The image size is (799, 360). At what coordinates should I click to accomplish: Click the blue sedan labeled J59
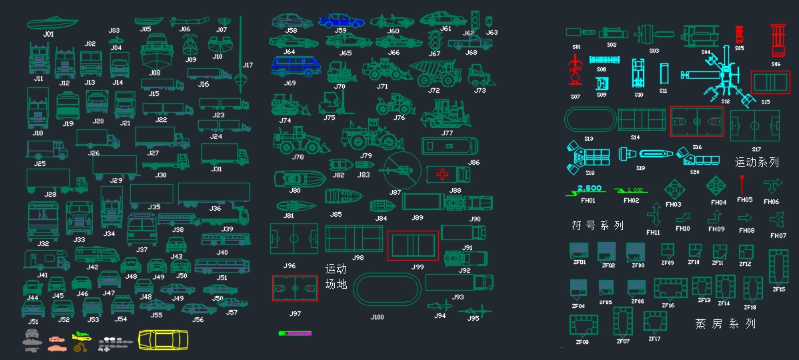click(x=341, y=21)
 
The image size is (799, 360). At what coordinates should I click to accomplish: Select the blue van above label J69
click(x=293, y=66)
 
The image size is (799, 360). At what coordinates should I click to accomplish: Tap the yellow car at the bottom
click(x=163, y=340)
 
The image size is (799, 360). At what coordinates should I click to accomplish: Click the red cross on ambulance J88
click(x=442, y=175)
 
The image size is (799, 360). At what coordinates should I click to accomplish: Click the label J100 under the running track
click(x=377, y=317)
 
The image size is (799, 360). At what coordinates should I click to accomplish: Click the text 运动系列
click(x=756, y=162)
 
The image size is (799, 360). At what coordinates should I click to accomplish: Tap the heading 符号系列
click(x=598, y=225)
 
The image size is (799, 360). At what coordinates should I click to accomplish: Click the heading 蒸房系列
click(x=725, y=324)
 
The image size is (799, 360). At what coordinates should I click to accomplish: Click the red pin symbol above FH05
click(x=742, y=184)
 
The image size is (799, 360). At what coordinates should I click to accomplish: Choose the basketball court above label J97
click(x=295, y=289)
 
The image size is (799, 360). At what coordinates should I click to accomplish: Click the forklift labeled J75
click(x=329, y=103)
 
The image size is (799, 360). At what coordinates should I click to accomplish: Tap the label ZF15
click(x=778, y=289)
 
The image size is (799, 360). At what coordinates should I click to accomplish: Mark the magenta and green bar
click(x=295, y=332)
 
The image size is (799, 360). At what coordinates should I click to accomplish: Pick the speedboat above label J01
click(x=52, y=23)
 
